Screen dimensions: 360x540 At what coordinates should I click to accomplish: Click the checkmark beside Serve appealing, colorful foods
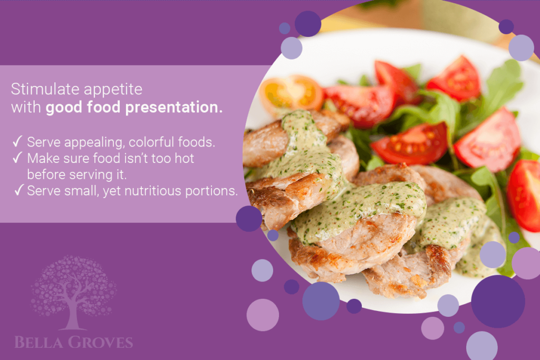[x=17, y=142]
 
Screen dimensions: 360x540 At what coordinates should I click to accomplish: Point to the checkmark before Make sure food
[x=17, y=158]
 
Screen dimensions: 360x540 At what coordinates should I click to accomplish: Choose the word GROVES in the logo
[x=100, y=343]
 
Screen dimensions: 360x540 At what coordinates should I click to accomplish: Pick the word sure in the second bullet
[x=71, y=158]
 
